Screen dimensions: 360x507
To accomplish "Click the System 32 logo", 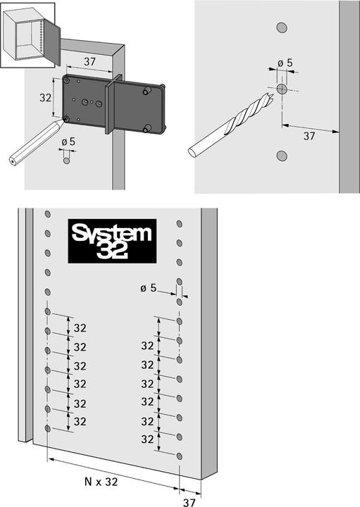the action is tap(112, 241).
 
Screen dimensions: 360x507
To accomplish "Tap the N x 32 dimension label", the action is tap(101, 482).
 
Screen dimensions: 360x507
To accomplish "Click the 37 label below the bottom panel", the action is tap(190, 502).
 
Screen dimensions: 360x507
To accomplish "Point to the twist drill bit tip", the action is tap(273, 95).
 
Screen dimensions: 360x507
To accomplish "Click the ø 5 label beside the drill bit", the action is tap(285, 63).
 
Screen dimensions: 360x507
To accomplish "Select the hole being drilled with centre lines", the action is tap(282, 89).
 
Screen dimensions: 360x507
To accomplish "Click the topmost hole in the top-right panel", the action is tap(282, 27).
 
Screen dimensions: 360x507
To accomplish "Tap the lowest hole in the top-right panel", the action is tap(282, 156).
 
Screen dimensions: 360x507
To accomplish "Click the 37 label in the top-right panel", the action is tap(309, 136).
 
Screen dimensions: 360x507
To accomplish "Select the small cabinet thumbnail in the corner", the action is tap(27, 35).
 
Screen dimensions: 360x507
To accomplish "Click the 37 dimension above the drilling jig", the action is tap(89, 61).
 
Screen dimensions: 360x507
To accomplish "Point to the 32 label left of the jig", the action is tap(45, 97).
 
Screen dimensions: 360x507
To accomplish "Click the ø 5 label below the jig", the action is tap(68, 142).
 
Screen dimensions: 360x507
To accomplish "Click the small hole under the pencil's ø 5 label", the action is tap(66, 161).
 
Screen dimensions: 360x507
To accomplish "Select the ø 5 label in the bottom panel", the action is tap(149, 287).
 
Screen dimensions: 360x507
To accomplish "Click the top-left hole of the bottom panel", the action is tap(47, 214).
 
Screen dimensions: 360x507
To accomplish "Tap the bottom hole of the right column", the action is tap(179, 456).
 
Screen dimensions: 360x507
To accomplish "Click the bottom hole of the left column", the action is tap(47, 429).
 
